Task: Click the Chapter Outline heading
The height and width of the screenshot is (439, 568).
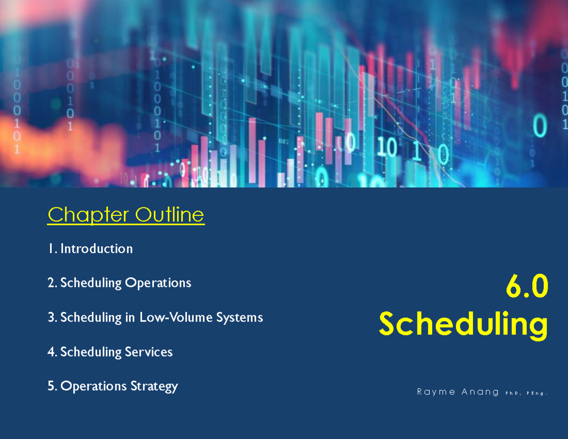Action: pos(126,215)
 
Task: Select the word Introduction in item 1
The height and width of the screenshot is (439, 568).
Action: pos(96,249)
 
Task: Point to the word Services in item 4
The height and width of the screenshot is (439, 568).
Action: pos(148,352)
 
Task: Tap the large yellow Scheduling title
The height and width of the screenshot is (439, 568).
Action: pos(463,325)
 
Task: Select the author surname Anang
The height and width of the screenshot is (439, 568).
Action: pos(480,392)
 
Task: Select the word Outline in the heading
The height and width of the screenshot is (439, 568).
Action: pos(169,215)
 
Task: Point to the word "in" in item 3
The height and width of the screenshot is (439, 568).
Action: pos(131,317)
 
